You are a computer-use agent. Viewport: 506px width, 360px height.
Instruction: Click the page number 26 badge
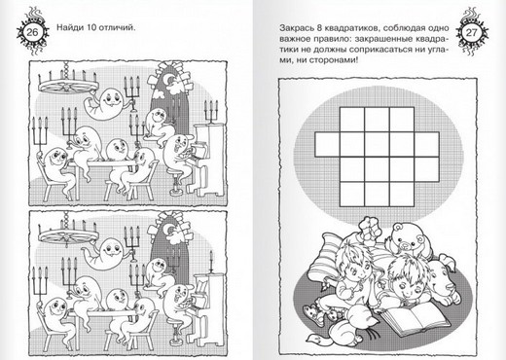(32, 32)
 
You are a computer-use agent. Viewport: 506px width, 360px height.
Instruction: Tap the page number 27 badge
(472, 32)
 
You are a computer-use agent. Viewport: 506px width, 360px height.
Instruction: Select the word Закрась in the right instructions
(296, 28)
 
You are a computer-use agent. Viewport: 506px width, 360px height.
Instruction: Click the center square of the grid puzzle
(377, 144)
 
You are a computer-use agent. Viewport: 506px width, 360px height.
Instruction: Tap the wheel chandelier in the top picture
(68, 84)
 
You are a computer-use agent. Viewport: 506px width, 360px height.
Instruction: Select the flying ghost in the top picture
(104, 104)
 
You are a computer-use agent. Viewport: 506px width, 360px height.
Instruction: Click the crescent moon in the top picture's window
(170, 79)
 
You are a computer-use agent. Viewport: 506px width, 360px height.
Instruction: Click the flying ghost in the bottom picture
(104, 253)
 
